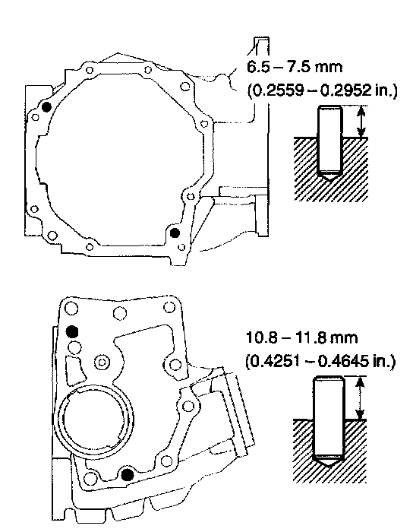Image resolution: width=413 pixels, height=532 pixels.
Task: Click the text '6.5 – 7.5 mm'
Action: tap(295, 67)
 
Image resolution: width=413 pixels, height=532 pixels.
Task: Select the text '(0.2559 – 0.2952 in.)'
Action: tap(322, 90)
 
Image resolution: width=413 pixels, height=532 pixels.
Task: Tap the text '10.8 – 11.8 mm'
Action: tap(301, 338)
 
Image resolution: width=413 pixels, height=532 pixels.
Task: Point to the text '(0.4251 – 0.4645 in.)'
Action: tap(320, 362)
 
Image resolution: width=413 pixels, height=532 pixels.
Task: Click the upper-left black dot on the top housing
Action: tap(46, 107)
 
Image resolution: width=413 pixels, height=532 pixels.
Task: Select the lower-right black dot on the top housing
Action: tap(175, 233)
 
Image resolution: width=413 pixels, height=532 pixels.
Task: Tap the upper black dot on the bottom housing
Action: tap(72, 331)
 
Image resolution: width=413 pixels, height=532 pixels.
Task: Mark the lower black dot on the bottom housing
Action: tap(127, 475)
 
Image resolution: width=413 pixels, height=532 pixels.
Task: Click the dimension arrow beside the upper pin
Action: tap(362, 122)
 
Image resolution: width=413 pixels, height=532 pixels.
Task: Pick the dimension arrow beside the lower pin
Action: tap(360, 397)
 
